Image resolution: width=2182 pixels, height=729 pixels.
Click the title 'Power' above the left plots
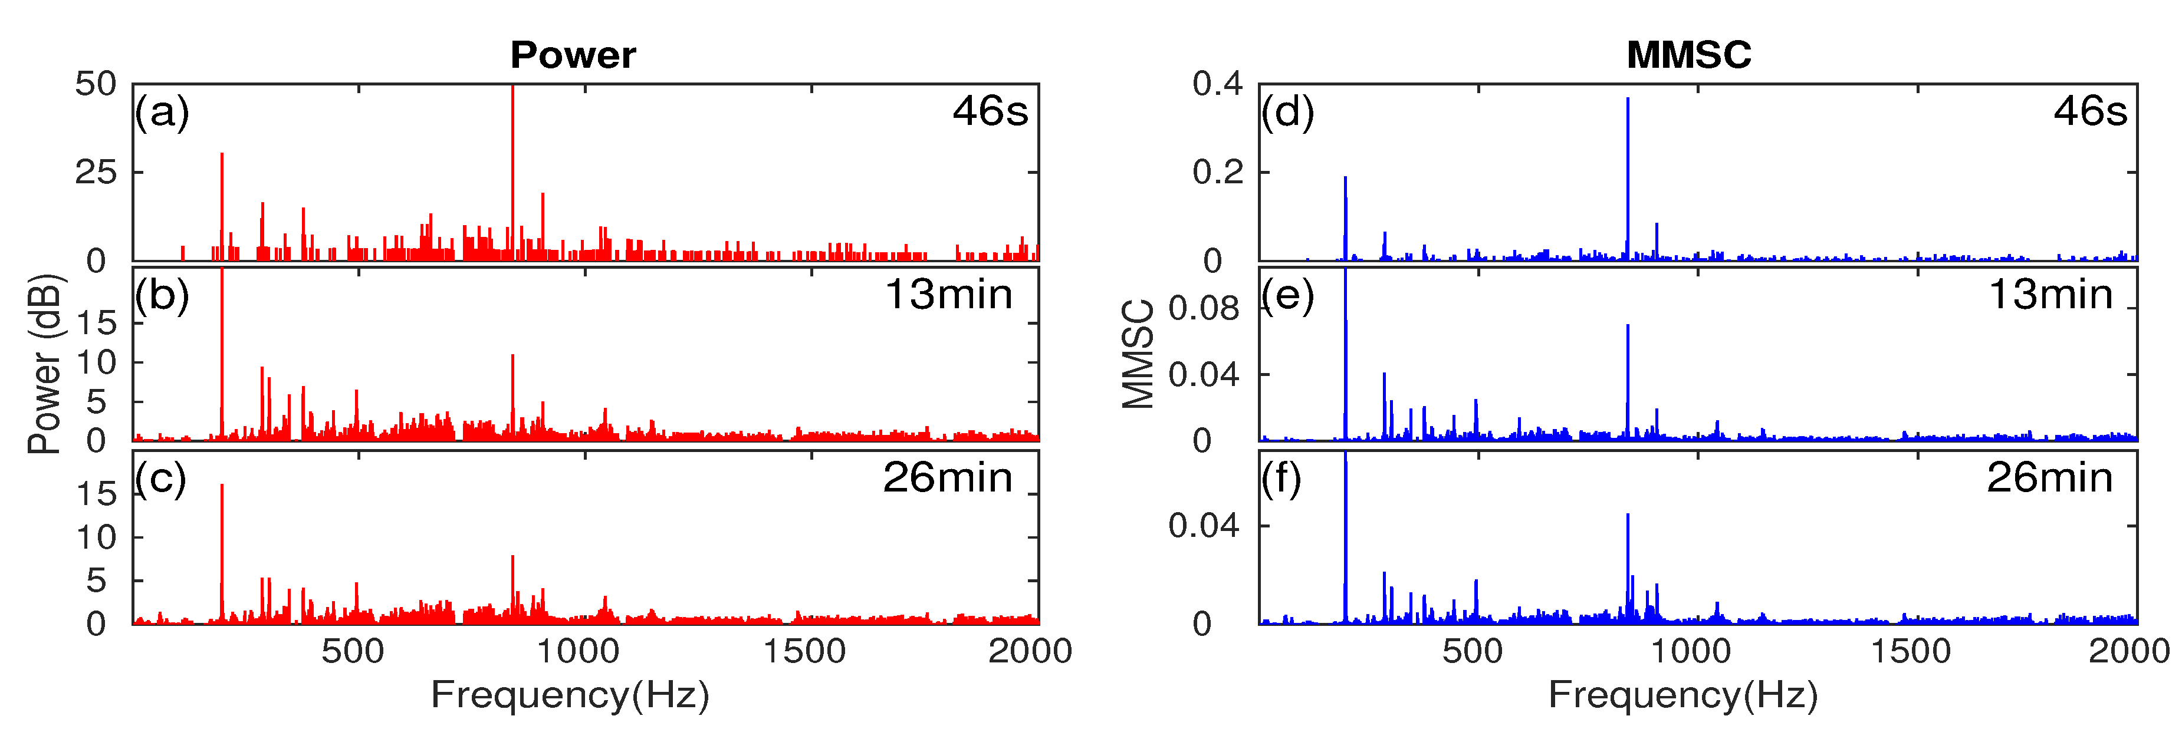coord(573,56)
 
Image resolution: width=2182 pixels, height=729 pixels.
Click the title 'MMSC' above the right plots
coord(1688,56)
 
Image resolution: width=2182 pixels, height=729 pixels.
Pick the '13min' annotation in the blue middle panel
coord(2050,295)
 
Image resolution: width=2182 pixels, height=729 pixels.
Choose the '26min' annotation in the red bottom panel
coord(947,479)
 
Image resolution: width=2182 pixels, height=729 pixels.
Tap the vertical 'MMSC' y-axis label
coord(1138,355)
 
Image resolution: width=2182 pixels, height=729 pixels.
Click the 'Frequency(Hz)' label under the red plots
coord(570,695)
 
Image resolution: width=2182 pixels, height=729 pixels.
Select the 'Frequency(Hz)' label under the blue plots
coord(1683,695)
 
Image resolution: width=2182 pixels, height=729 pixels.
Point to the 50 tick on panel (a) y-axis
coord(96,85)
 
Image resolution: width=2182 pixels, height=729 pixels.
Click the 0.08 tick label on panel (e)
coord(1203,309)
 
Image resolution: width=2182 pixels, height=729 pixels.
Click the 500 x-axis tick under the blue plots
coord(1472,652)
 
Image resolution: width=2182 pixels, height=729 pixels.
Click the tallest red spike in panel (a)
coord(512,169)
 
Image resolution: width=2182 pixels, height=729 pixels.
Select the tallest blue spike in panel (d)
coord(1627,178)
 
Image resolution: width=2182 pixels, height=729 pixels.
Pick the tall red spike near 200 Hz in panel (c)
coord(222,550)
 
